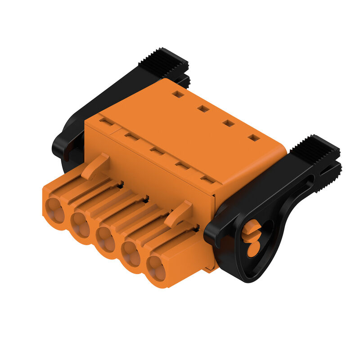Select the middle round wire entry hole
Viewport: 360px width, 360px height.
[107, 239]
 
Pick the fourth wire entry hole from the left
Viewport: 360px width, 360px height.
[132, 254]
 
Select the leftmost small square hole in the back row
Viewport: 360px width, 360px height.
[178, 94]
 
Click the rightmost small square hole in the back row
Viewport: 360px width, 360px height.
[254, 138]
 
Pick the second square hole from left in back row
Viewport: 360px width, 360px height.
[203, 108]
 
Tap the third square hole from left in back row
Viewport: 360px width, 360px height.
[229, 123]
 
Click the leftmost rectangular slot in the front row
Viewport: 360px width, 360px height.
[107, 121]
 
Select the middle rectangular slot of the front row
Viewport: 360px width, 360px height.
[157, 151]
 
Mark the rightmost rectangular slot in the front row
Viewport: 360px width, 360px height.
[207, 180]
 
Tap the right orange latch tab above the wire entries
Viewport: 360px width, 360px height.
[179, 214]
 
